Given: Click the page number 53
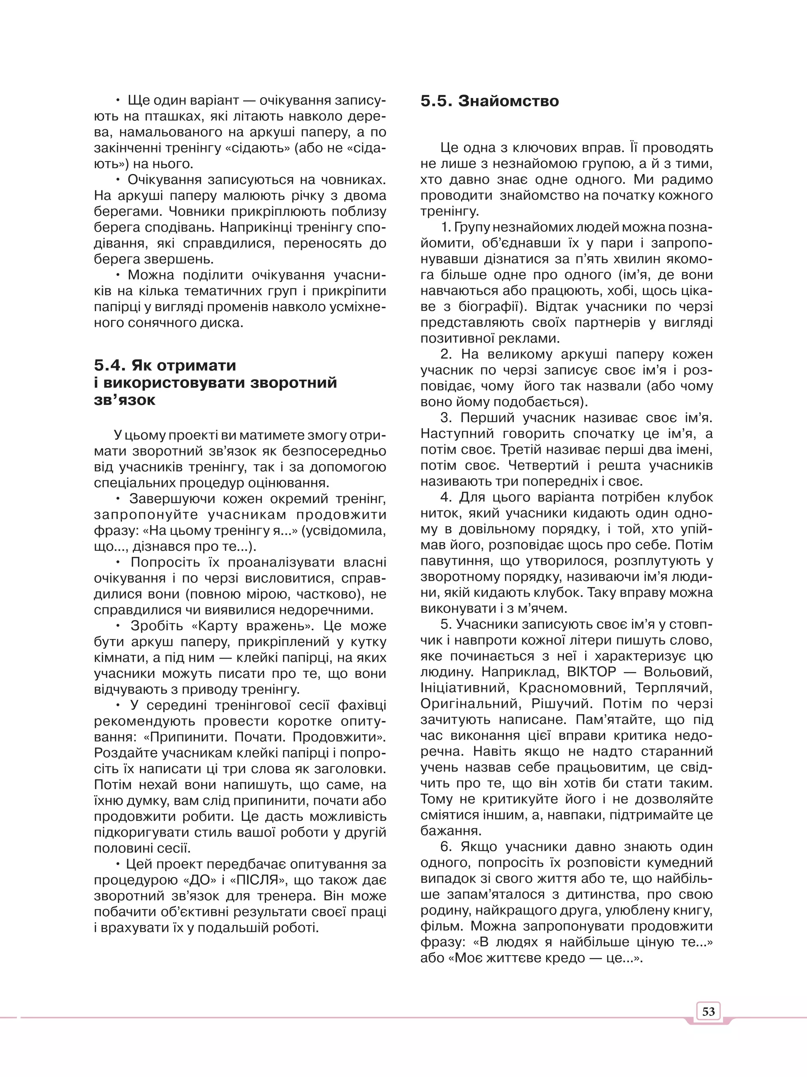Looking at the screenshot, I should tap(708, 1012).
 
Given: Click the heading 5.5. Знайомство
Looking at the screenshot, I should tap(489, 101).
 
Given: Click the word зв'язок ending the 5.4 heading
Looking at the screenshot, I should tap(125, 400).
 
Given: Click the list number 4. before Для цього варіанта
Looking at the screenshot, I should tap(446, 497).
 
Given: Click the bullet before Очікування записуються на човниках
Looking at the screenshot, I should tap(118, 180).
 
